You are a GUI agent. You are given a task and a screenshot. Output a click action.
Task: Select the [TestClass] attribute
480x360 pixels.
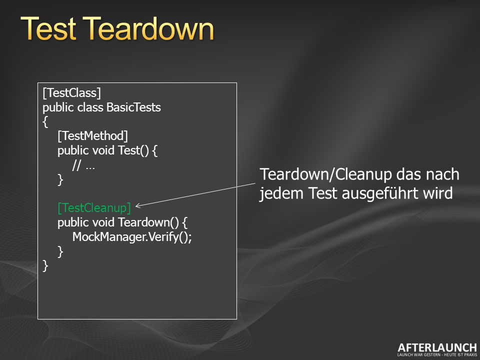click(x=71, y=93)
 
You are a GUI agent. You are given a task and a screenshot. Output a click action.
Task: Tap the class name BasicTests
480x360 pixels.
click(x=134, y=107)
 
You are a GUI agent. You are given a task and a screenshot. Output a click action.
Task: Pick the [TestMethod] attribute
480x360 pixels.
click(x=93, y=136)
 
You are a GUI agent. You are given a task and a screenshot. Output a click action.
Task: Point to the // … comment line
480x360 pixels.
click(x=83, y=165)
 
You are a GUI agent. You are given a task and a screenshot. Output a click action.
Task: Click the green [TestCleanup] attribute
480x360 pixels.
click(x=94, y=208)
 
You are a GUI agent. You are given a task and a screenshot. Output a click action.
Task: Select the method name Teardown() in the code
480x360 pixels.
click(x=148, y=222)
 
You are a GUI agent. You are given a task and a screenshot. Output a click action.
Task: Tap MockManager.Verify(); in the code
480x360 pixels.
click(x=132, y=236)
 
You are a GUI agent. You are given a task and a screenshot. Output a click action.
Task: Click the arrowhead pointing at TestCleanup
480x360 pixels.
click(x=138, y=205)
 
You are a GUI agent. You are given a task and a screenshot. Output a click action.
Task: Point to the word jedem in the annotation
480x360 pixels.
click(x=281, y=193)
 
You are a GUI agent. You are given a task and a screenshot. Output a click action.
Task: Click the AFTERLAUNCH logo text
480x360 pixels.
click(x=437, y=348)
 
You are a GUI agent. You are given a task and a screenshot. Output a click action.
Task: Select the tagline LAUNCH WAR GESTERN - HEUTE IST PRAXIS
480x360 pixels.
click(x=437, y=355)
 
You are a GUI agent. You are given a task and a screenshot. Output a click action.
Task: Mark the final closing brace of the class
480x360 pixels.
click(x=45, y=265)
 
